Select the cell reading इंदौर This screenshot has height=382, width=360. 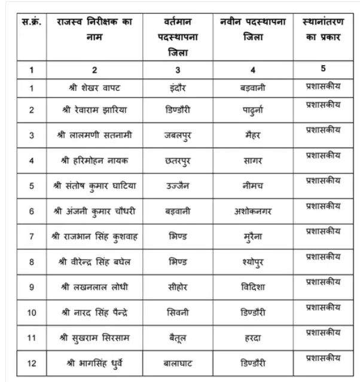point(178,88)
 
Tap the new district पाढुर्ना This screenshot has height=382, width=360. point(253,111)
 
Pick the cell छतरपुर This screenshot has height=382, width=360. point(178,160)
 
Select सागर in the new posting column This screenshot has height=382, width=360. point(253,160)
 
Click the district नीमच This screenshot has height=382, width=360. point(253,185)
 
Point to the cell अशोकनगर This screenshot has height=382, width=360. point(253,211)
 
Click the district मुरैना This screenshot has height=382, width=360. point(253,236)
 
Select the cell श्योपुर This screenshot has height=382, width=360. point(253,261)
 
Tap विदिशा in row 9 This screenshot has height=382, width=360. point(253,286)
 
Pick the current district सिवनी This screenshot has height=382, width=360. point(178,311)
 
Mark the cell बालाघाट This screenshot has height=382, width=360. point(178,362)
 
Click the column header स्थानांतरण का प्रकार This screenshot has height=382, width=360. point(323,29)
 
